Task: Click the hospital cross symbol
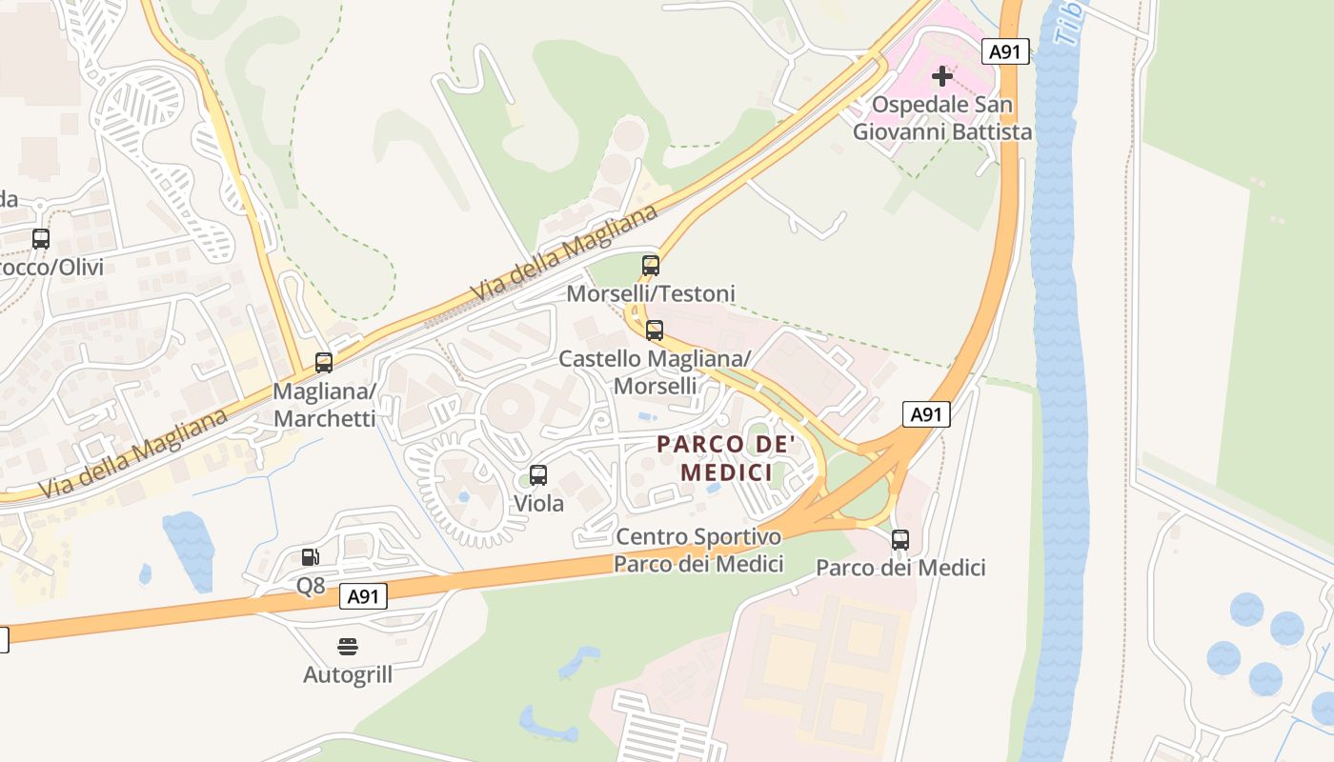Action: [942, 75]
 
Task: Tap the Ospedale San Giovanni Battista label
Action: [941, 118]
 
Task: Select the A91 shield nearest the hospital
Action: [1006, 51]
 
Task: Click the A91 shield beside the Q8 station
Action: [364, 597]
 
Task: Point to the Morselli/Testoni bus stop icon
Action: [651, 266]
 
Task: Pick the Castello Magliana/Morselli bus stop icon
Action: [655, 331]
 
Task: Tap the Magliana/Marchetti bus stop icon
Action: [324, 363]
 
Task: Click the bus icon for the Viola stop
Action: [538, 475]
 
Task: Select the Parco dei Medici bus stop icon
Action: [900, 540]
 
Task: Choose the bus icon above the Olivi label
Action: [41, 239]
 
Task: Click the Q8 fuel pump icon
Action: [311, 557]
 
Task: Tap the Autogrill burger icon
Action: [348, 647]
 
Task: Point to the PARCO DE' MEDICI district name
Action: [726, 458]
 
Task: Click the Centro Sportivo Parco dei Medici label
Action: [698, 551]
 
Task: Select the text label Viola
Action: [538, 503]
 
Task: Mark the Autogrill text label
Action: [348, 675]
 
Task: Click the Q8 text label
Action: [311, 586]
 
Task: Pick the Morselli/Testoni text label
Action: [651, 293]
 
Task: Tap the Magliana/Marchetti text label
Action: [324, 405]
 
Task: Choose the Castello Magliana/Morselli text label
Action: [655, 372]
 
